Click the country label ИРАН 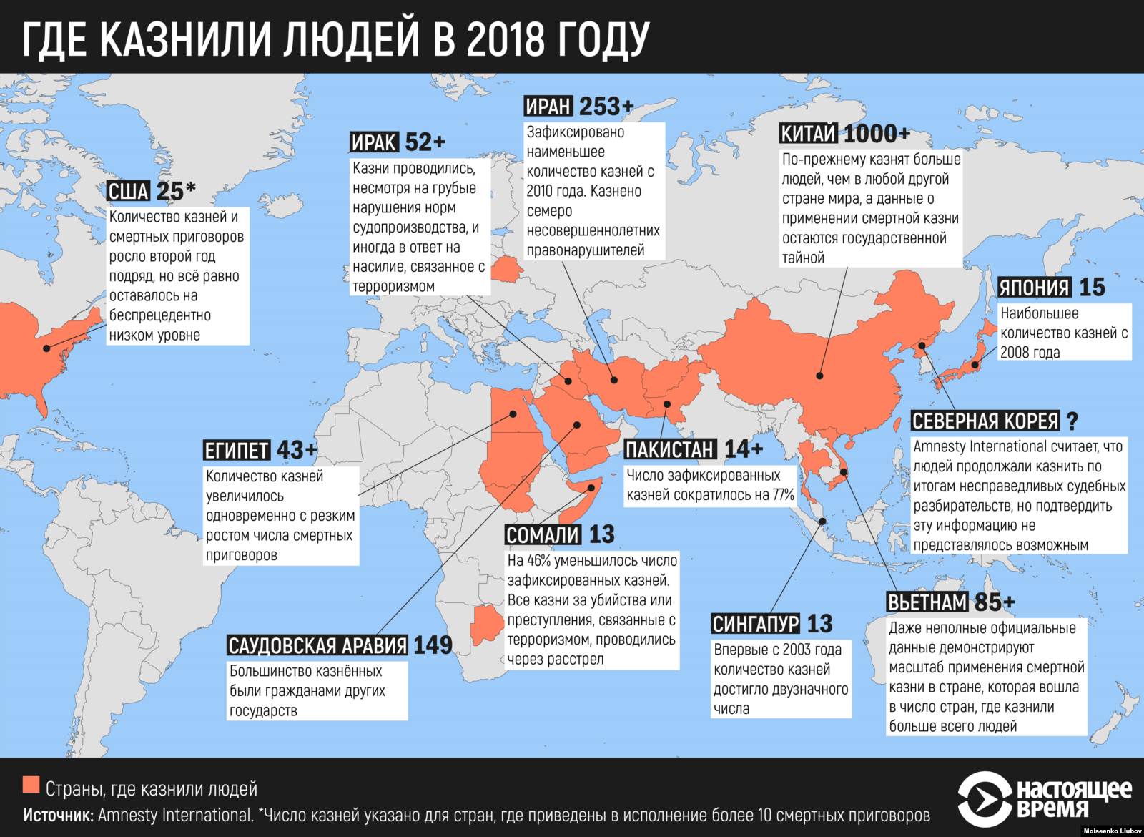click(548, 107)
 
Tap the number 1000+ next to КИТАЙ click(877, 134)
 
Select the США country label click(129, 191)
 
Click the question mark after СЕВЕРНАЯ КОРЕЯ click(1072, 421)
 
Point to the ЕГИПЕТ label click(237, 450)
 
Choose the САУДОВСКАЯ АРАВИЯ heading click(317, 645)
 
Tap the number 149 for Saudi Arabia click(433, 645)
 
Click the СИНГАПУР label click(756, 624)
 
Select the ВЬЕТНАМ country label click(927, 602)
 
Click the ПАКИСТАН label click(670, 449)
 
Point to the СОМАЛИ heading click(543, 534)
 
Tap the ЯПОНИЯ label click(1035, 288)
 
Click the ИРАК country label click(374, 142)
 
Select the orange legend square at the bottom click(31, 785)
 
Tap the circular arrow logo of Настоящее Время click(984, 797)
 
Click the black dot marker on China click(820, 375)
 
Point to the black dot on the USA click(46, 348)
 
